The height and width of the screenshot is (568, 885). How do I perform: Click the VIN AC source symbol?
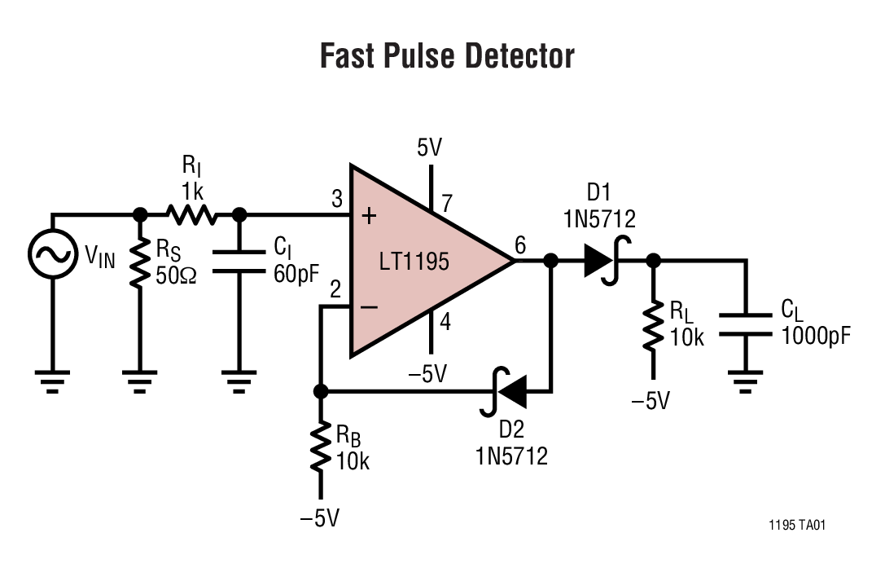coord(52,255)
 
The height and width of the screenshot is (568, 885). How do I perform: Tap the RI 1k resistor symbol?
coord(190,214)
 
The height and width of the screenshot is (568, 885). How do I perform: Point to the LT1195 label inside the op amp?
coord(414,262)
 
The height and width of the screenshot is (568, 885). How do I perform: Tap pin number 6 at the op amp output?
coord(520,244)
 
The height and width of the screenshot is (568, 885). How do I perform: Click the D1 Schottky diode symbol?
coord(601,261)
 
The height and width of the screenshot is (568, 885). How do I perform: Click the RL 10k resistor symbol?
coord(652,326)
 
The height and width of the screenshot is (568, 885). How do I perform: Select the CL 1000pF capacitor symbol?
coord(745,324)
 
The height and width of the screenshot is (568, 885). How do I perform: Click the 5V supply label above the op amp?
coord(429,148)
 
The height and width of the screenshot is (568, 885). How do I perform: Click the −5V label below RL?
coord(651,400)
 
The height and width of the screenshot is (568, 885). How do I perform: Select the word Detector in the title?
coord(520,55)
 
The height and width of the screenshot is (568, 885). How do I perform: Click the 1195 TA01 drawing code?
coord(796,526)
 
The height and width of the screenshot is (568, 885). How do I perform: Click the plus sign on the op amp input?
coord(369,216)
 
